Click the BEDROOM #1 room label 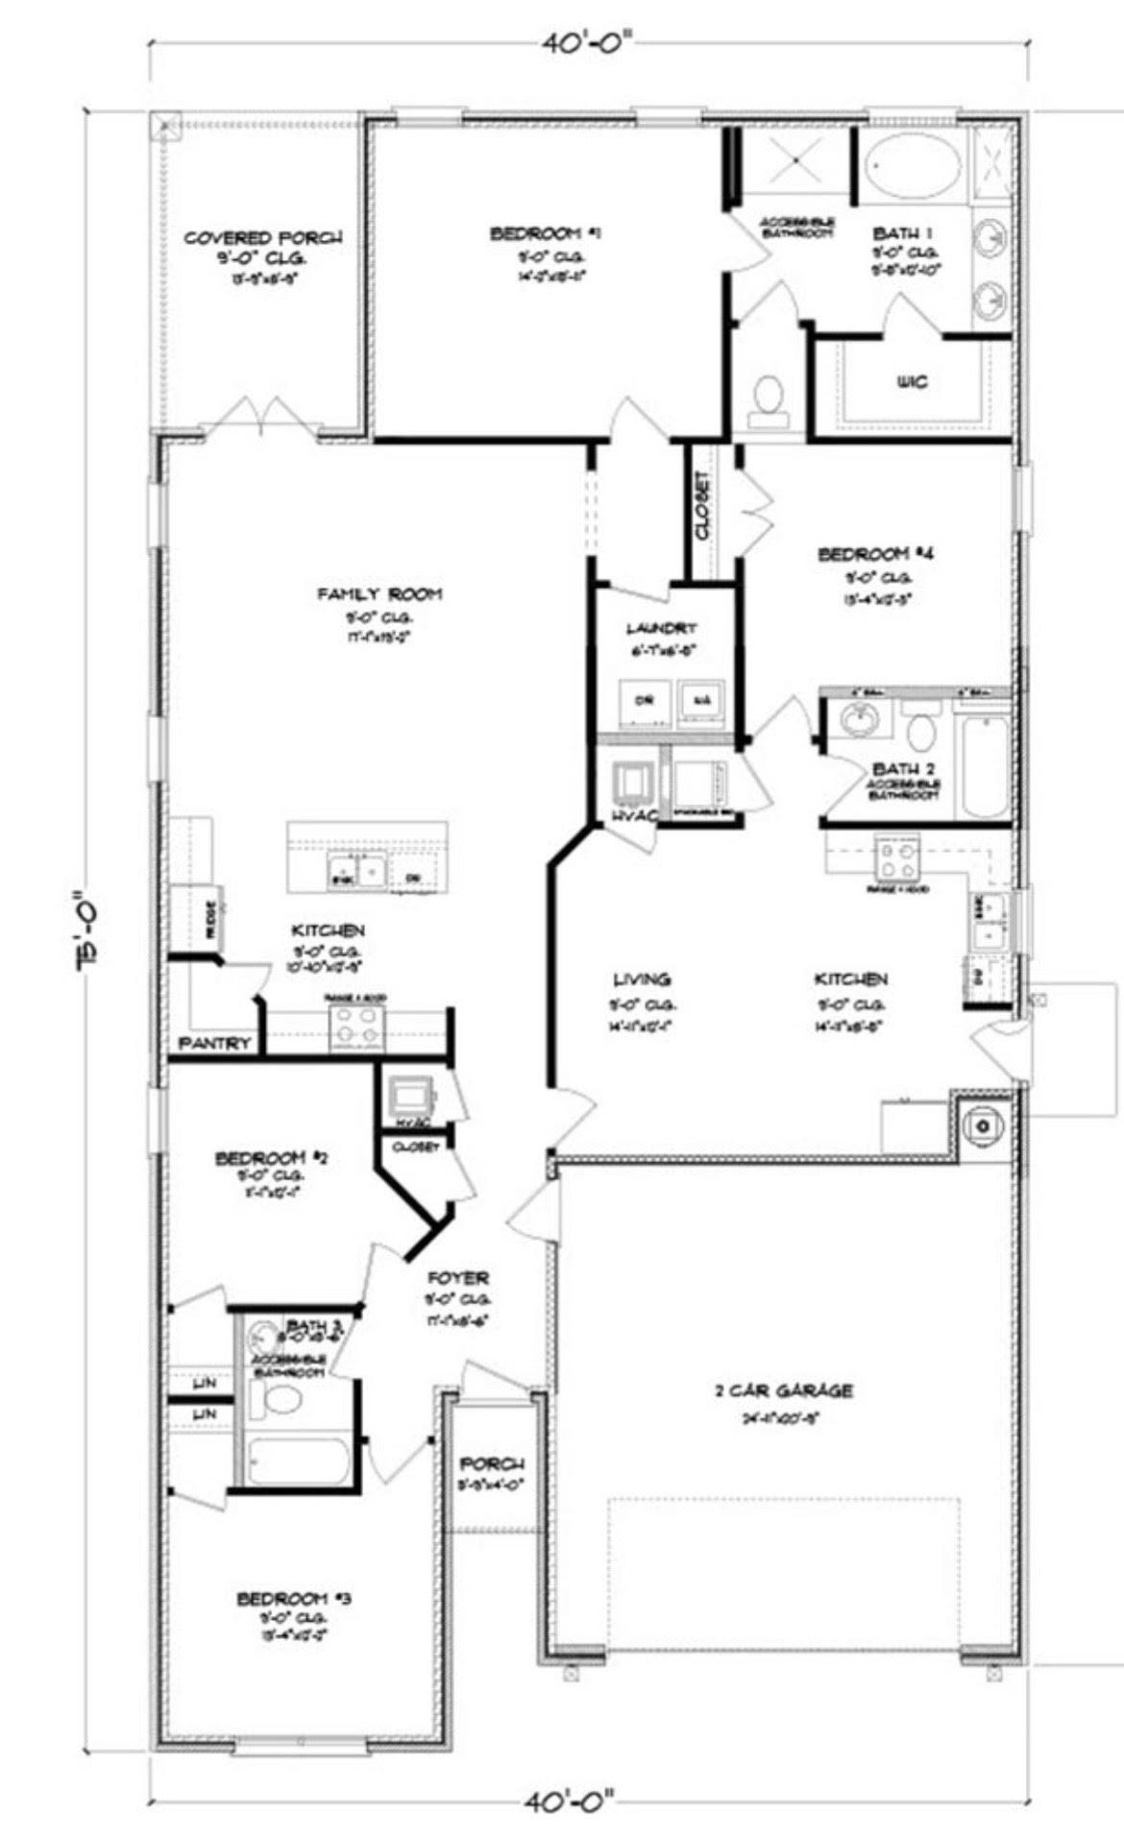(546, 233)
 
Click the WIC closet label (912, 382)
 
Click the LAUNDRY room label (661, 628)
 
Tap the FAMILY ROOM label (379, 594)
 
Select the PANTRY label (215, 1044)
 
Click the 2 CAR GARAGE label (784, 1389)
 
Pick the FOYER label (458, 1278)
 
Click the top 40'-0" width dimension (589, 43)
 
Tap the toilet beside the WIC (769, 400)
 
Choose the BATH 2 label (903, 769)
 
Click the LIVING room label (642, 979)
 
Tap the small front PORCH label (491, 1464)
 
